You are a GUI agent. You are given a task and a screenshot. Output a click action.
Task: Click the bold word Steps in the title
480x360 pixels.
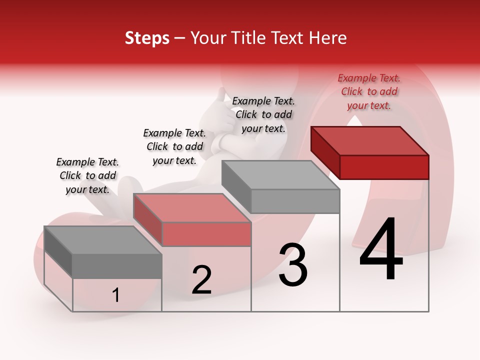[147, 38]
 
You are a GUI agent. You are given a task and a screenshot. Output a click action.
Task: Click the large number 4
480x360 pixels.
[381, 250]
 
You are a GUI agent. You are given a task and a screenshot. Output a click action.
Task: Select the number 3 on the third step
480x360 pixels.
[293, 265]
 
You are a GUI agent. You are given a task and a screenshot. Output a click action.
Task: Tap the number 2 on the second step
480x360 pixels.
[202, 280]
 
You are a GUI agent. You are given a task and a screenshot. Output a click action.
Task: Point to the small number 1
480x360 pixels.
[116, 295]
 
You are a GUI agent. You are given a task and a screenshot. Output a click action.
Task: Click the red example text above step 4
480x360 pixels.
[369, 92]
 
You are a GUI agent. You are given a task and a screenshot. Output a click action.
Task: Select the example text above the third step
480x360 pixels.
[263, 114]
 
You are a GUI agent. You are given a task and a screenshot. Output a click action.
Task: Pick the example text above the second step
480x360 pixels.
[174, 146]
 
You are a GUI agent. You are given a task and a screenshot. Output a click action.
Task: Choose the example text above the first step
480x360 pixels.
[87, 175]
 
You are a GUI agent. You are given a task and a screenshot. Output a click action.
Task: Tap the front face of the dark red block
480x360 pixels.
[384, 167]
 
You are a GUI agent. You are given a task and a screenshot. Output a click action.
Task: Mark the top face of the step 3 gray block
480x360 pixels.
[280, 175]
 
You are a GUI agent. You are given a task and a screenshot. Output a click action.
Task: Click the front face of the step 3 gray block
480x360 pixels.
[295, 201]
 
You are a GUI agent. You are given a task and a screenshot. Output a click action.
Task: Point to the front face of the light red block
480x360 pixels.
[206, 234]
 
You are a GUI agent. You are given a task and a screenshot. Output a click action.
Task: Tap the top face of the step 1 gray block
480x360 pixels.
[103, 240]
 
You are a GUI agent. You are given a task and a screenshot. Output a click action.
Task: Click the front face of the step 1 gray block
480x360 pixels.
[117, 266]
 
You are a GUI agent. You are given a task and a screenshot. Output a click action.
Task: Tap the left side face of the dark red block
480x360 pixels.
[325, 152]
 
